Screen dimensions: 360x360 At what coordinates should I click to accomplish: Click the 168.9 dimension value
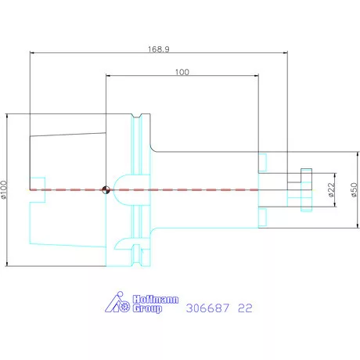coord(159,49)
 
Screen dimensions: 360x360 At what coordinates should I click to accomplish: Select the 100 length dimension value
coord(182,72)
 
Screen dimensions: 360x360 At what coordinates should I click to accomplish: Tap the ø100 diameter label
coord(4,190)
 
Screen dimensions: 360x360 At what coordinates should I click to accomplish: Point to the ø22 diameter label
coord(331,189)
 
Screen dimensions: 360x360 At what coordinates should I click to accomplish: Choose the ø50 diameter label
coord(354,189)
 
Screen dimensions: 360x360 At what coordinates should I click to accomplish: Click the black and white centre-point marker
coord(106,190)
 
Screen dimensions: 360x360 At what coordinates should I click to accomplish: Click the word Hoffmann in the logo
coord(156,300)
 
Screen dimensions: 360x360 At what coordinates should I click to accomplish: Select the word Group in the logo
coord(147,308)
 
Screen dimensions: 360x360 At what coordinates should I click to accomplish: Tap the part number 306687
coord(207,308)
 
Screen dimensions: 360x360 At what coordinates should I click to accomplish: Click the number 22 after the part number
coord(245,308)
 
